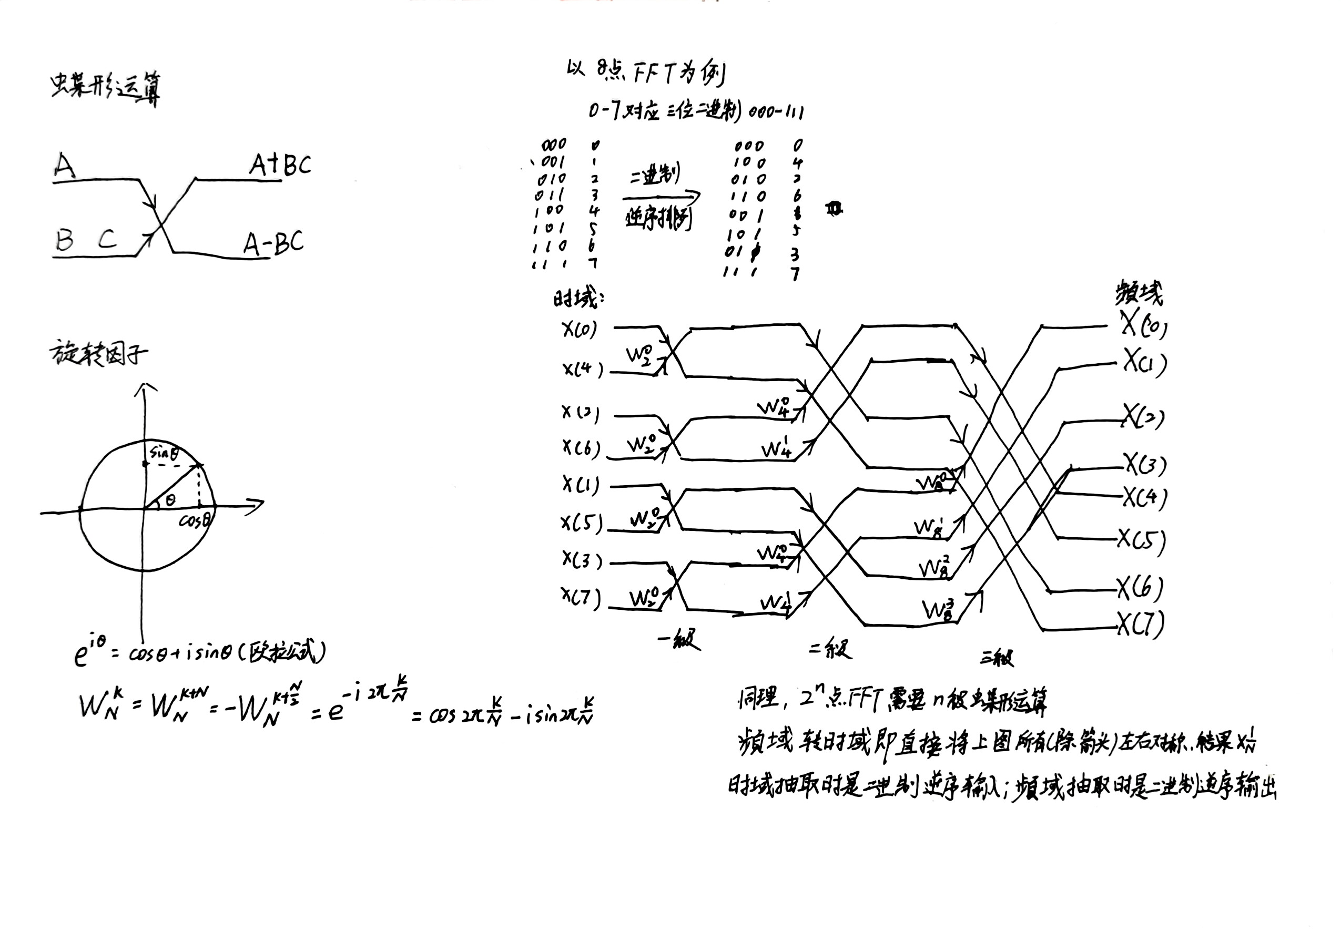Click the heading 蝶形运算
pos(105,89)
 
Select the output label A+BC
pos(280,165)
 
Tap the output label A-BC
pos(273,243)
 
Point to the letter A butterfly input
pos(64,165)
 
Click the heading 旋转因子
pos(98,353)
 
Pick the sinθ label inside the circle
pos(164,453)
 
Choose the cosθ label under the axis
pos(195,520)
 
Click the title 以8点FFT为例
pos(645,73)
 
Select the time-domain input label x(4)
pos(582,369)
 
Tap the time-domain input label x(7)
pos(580,597)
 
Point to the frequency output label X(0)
pos(1143,324)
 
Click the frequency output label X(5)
pos(1141,540)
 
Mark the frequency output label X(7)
pos(1140,623)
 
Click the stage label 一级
pos(679,640)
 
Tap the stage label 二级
pos(830,649)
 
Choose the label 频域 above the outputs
pos(1138,293)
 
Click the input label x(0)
pos(580,330)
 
